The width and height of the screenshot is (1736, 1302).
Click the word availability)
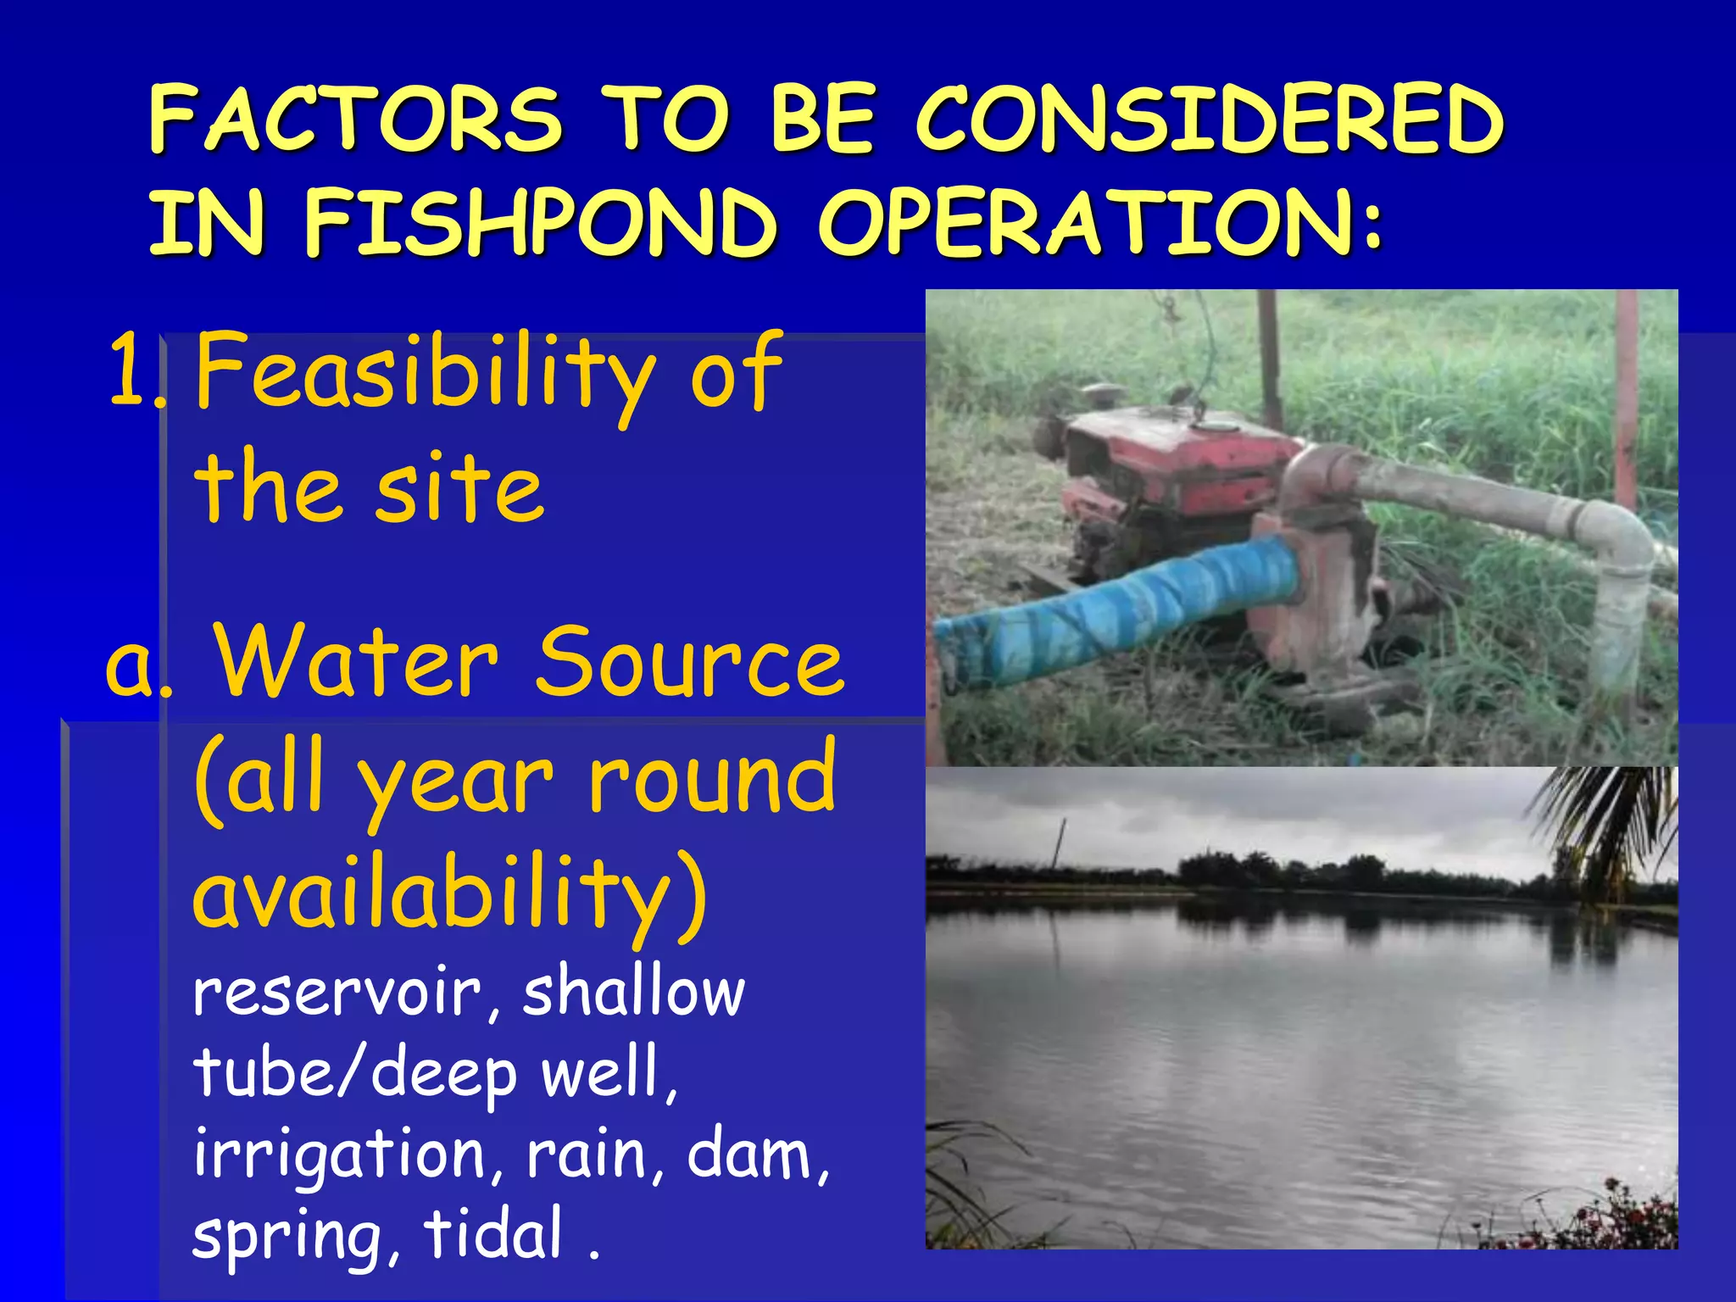[x=449, y=895]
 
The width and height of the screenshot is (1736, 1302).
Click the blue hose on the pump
[x=1119, y=606]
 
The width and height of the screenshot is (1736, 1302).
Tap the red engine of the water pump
[x=1178, y=462]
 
